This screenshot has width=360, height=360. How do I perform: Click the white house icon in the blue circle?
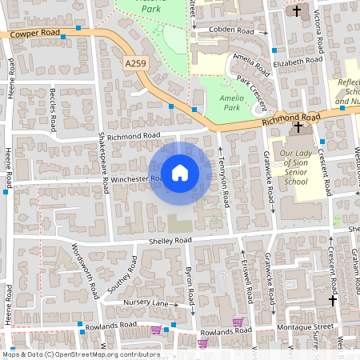tap(180, 172)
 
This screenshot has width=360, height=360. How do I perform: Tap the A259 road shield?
tap(137, 62)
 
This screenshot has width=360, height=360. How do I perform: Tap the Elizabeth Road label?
tap(296, 62)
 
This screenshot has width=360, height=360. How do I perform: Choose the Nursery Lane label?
tap(146, 303)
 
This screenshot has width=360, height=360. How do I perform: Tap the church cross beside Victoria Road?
tap(297, 11)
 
